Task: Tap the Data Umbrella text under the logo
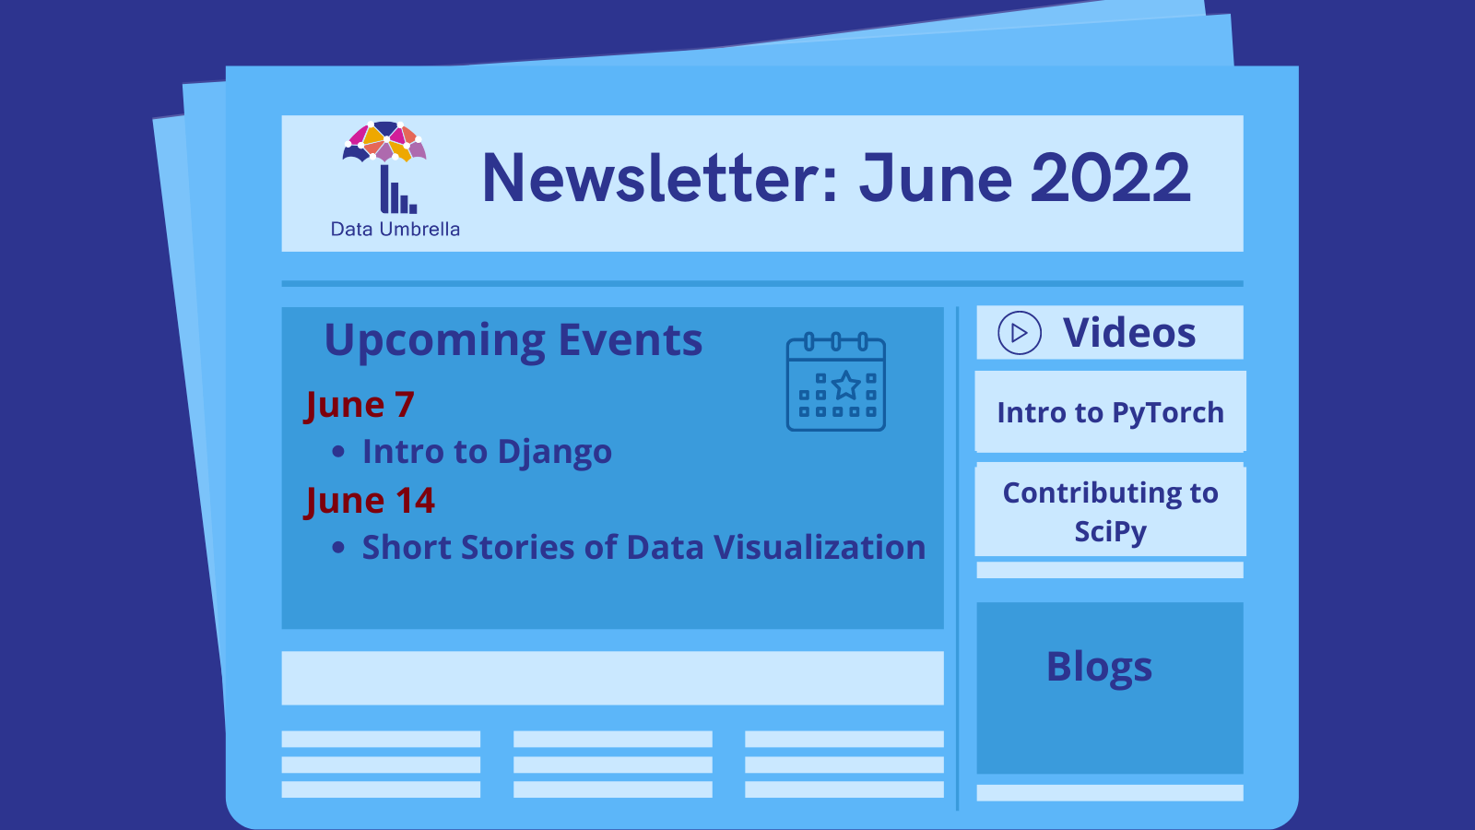tap(395, 229)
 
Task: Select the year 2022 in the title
tap(1110, 178)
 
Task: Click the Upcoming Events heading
tap(513, 340)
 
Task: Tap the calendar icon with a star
tap(836, 383)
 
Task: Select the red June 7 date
tap(360, 405)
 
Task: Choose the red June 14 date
tap(370, 501)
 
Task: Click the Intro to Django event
tap(487, 452)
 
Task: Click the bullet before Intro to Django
tap(338, 452)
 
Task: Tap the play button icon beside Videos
tap(1020, 333)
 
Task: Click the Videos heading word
tap(1129, 333)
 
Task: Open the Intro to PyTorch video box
tap(1110, 412)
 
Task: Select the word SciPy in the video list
tap(1110, 532)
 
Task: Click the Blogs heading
tap(1099, 667)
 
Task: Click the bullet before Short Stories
tap(338, 548)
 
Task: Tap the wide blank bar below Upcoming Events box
tap(612, 678)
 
